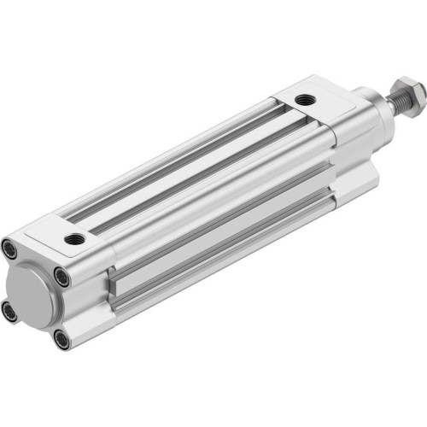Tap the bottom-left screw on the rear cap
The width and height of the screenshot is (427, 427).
tap(10, 313)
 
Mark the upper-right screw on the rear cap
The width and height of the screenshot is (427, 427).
tap(62, 275)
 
